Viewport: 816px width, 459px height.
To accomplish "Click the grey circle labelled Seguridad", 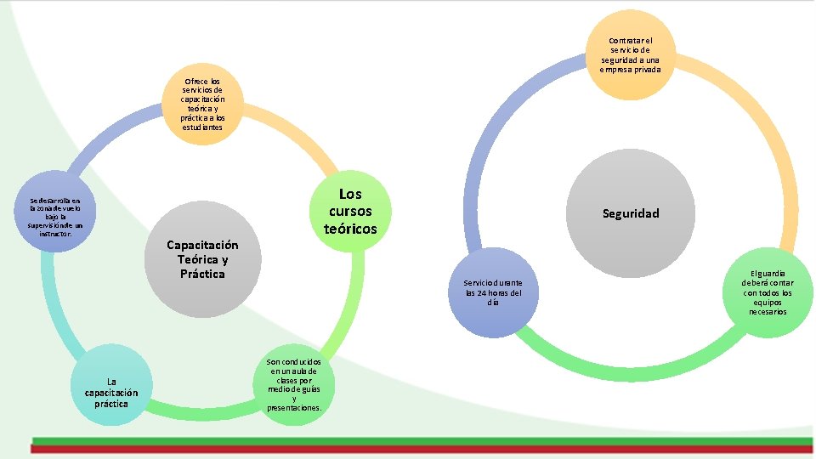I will pos(631,212).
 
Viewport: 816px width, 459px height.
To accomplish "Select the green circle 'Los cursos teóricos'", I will pos(350,212).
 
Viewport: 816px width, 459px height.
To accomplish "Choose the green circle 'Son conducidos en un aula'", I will pos(294,385).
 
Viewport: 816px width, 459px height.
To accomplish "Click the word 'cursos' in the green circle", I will pos(350,211).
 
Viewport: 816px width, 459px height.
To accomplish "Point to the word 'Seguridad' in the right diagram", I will pos(631,213).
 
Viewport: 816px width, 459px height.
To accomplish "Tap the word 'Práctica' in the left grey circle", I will pos(202,274).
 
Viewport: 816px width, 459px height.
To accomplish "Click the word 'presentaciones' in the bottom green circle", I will pos(293,408).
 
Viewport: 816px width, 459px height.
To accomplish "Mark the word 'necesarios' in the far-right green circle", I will pos(768,312).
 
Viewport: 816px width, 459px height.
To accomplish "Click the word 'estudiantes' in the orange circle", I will pos(202,127).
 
